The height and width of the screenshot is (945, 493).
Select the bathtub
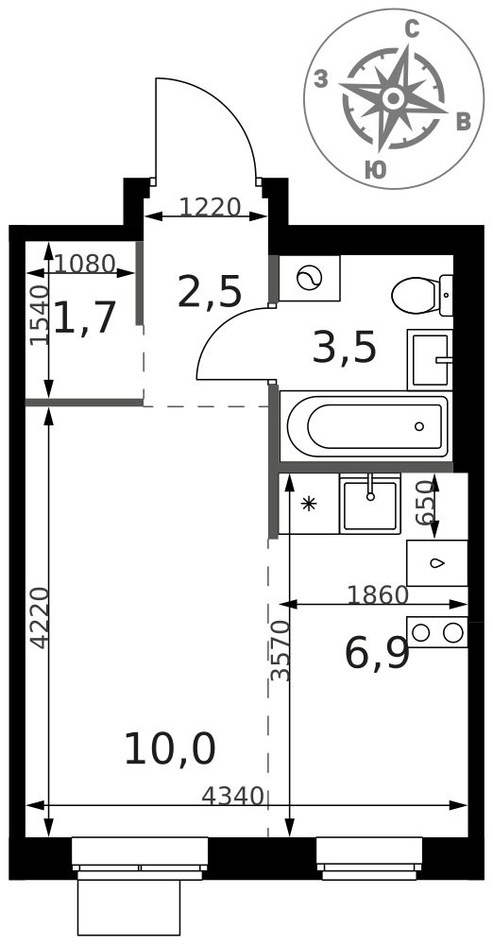pyautogui.click(x=367, y=426)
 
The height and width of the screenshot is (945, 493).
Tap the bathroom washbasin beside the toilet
pyautogui.click(x=430, y=360)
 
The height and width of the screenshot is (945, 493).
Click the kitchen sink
pyautogui.click(x=370, y=504)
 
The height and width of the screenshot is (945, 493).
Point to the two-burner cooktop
pyautogui.click(x=437, y=632)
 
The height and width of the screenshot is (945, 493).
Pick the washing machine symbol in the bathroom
pyautogui.click(x=310, y=278)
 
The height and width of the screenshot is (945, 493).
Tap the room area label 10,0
pyautogui.click(x=170, y=749)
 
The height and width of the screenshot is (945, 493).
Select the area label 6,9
pyautogui.click(x=377, y=653)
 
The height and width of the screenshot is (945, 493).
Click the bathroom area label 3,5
pyautogui.click(x=344, y=348)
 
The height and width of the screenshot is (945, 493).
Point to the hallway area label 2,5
pyautogui.click(x=210, y=291)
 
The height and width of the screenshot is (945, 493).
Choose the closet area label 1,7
pyautogui.click(x=84, y=318)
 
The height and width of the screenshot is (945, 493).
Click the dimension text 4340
pyautogui.click(x=232, y=797)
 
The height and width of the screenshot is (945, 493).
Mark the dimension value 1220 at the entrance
pyautogui.click(x=211, y=208)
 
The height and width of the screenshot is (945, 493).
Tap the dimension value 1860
pyautogui.click(x=378, y=595)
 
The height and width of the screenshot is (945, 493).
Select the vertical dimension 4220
pyautogui.click(x=40, y=618)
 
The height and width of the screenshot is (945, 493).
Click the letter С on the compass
pyautogui.click(x=412, y=29)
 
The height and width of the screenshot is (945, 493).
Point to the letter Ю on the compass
pyautogui.click(x=376, y=170)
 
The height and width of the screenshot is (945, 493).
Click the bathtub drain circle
pyautogui.click(x=419, y=427)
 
